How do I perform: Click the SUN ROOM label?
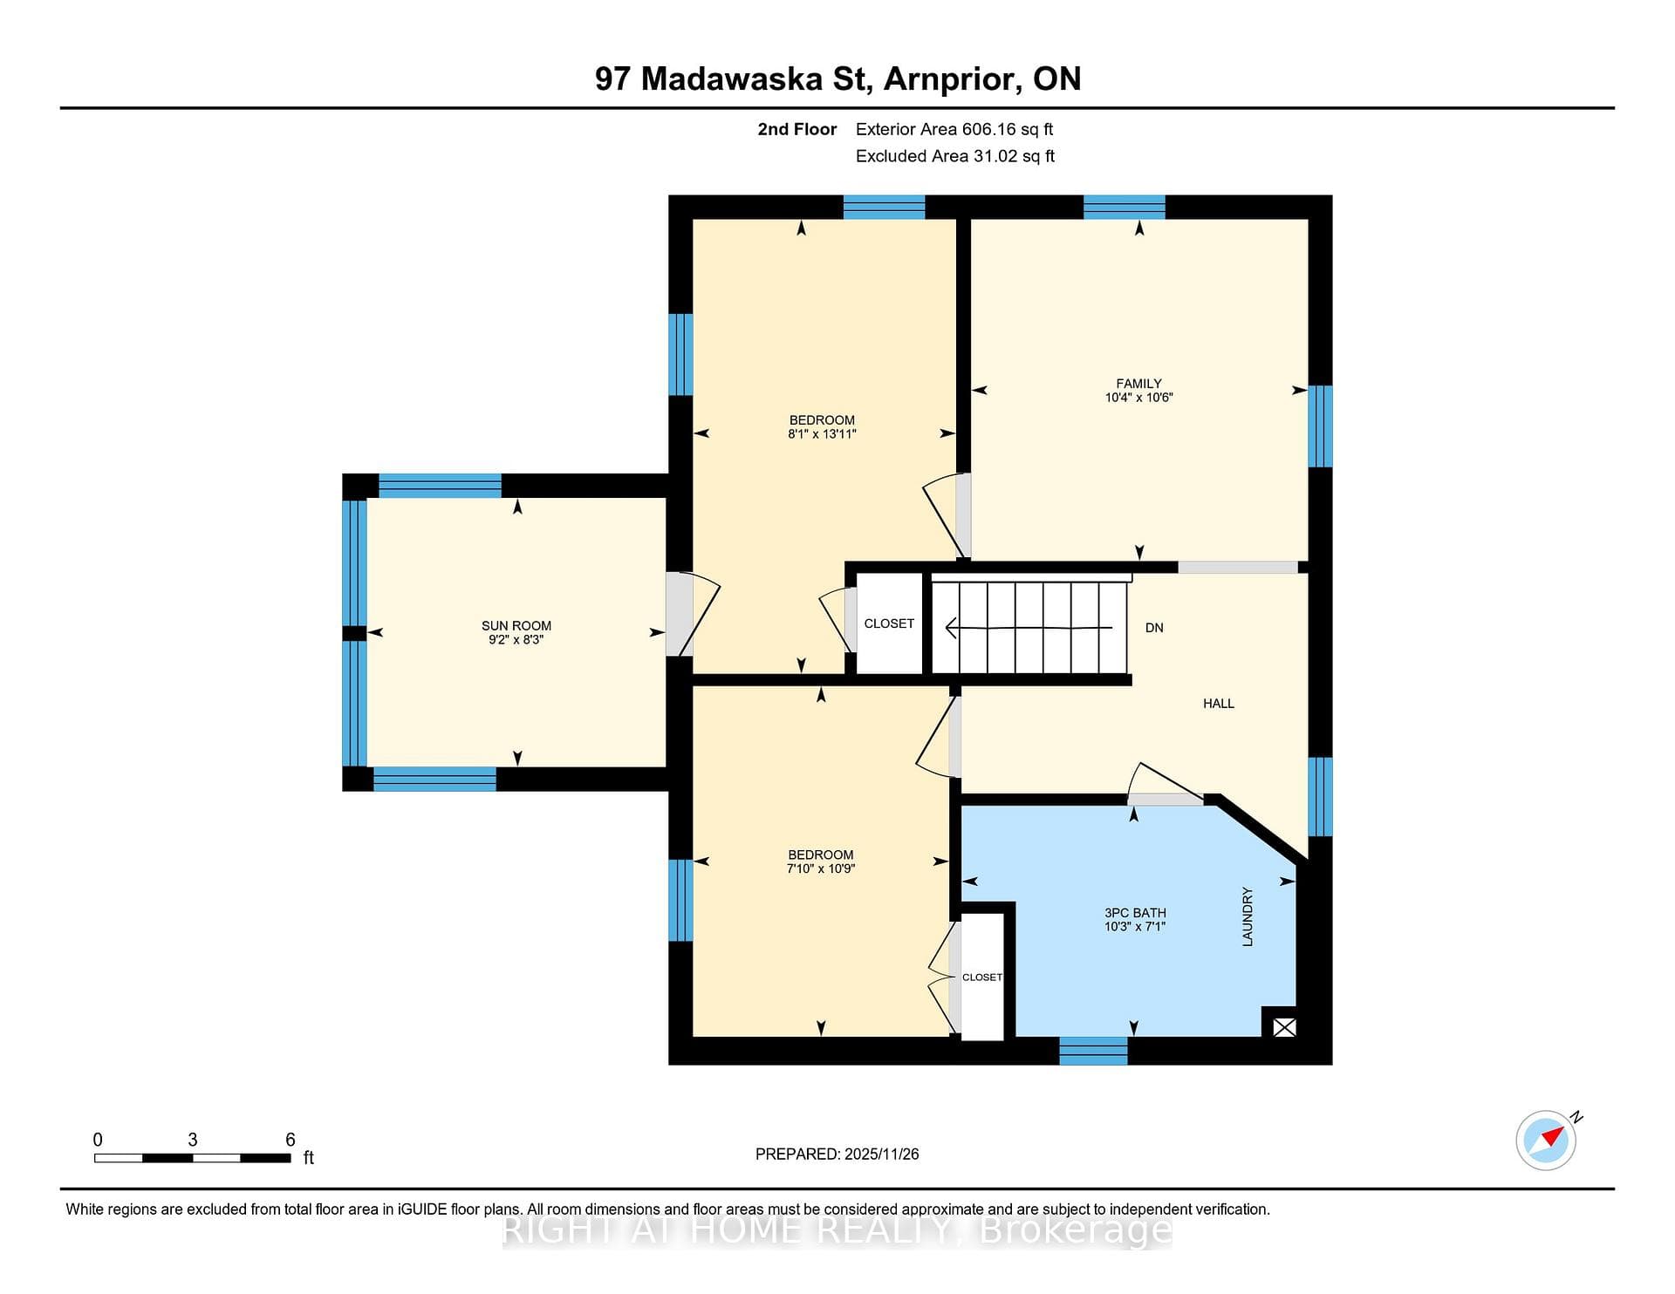click(x=516, y=625)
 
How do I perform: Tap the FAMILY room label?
click(x=1138, y=383)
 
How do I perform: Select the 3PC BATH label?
click(x=1135, y=913)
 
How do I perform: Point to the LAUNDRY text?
click(x=1248, y=916)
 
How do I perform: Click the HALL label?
click(x=1219, y=703)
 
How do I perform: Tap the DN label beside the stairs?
click(x=1154, y=628)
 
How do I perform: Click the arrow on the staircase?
click(x=1029, y=628)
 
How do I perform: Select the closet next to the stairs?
click(x=889, y=623)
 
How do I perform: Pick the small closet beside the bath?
click(x=982, y=977)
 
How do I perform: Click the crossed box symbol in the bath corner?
click(x=1284, y=1027)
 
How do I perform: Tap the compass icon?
click(x=1547, y=1139)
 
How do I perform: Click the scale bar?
click(x=192, y=1158)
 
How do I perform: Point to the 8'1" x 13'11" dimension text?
click(x=822, y=433)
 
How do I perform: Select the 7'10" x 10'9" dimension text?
click(x=821, y=868)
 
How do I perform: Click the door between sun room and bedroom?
click(x=693, y=613)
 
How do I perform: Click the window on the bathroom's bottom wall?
click(x=1093, y=1051)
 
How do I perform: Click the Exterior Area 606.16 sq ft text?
click(x=954, y=129)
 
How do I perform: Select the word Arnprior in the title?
click(x=954, y=79)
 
